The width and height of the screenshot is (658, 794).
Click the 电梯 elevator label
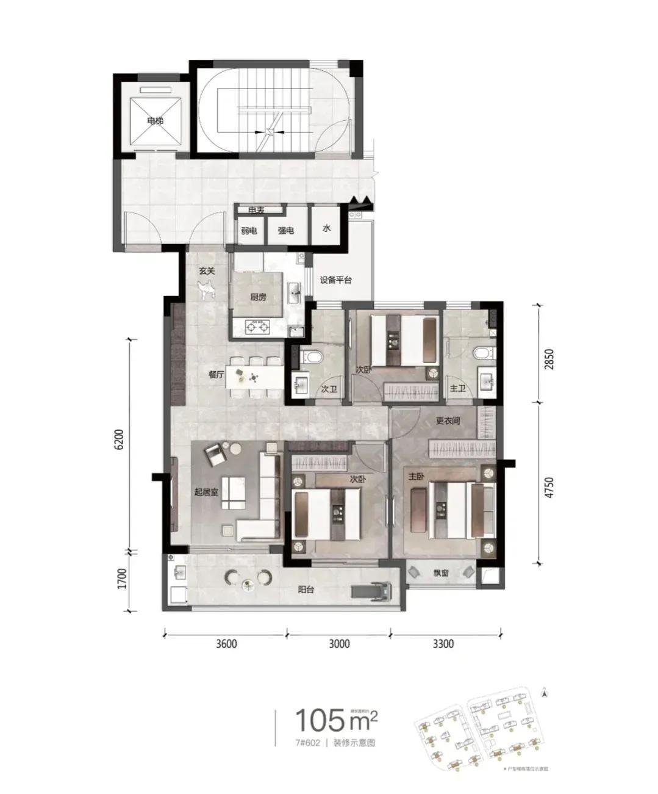(x=155, y=121)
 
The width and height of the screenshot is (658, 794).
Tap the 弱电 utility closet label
(x=249, y=231)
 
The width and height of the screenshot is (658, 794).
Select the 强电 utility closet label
(x=286, y=231)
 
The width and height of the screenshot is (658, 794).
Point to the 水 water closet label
(x=327, y=228)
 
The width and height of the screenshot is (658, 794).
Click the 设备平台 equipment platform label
(x=336, y=280)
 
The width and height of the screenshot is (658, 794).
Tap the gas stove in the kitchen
(x=257, y=328)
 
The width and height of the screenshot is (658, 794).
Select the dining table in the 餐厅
(x=254, y=379)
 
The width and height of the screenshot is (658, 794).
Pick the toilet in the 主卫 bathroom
(x=481, y=354)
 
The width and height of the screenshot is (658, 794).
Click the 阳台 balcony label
(x=307, y=590)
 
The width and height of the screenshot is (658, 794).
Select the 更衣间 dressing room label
(x=447, y=421)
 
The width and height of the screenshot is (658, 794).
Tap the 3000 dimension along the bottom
(x=338, y=643)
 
